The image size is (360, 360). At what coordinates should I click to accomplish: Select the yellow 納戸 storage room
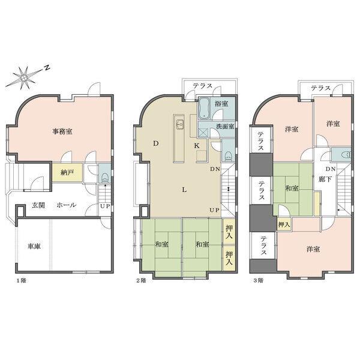(x=66, y=173)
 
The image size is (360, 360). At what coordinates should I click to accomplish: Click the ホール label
(x=66, y=205)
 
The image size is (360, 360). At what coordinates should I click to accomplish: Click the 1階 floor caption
(x=22, y=280)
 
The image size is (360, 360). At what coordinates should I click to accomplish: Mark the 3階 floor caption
(x=257, y=280)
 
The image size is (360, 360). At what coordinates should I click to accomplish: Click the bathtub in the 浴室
(x=205, y=107)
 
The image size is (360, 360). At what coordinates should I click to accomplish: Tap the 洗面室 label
(x=225, y=127)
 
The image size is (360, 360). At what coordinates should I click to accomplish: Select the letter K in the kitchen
(x=196, y=146)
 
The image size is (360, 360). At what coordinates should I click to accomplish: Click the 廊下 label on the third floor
(x=324, y=178)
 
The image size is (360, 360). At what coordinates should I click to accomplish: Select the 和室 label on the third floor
(x=292, y=189)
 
